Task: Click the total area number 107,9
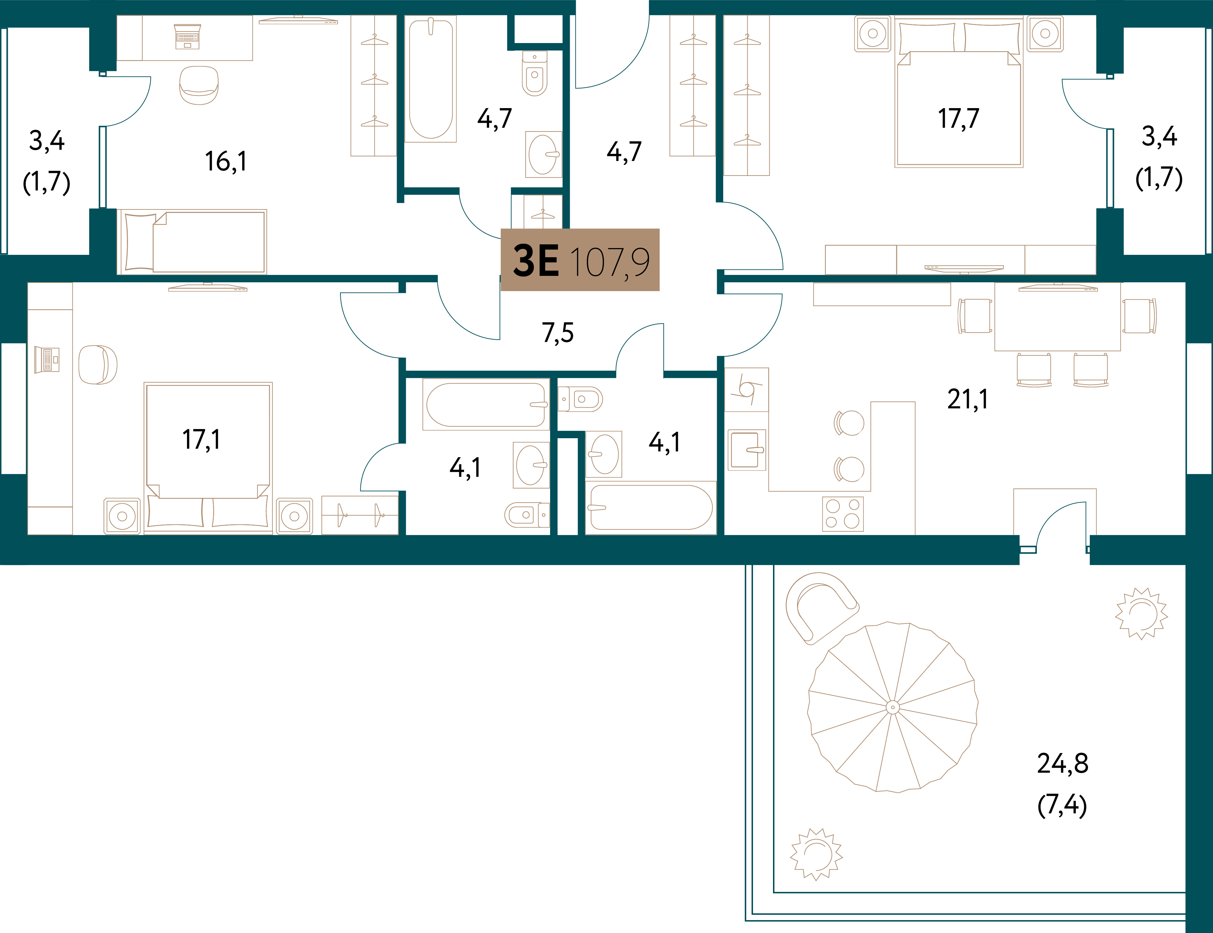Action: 610,262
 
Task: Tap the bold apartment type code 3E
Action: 536,261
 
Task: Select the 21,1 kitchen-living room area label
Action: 968,399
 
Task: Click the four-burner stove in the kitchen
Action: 843,514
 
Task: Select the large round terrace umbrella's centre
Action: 893,707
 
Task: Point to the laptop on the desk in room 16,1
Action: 187,37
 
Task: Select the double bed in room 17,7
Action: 959,93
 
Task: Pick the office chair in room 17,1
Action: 98,365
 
